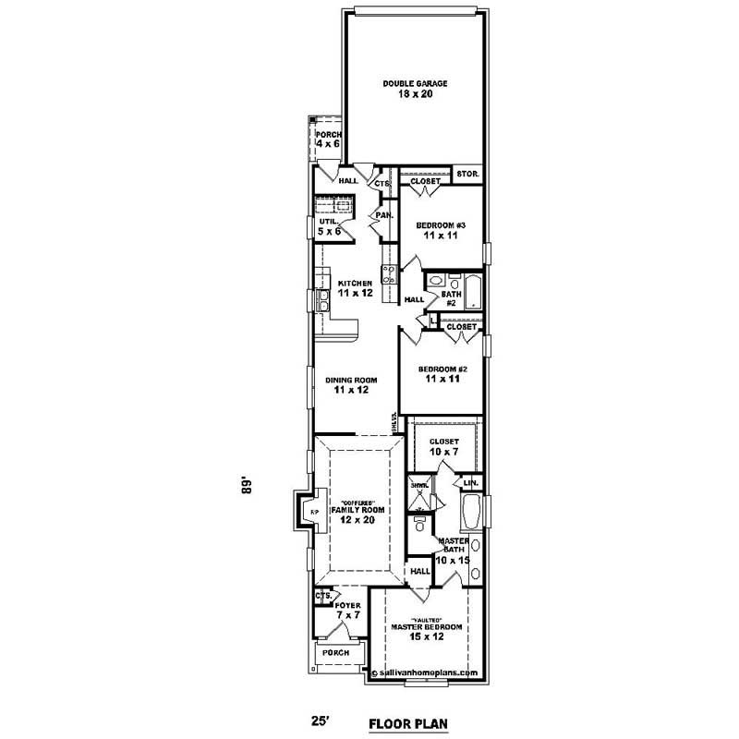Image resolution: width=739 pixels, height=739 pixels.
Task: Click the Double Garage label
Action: point(415,89)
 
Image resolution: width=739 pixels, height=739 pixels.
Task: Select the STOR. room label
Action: point(466,174)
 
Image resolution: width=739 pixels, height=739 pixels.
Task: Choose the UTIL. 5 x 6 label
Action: point(329,227)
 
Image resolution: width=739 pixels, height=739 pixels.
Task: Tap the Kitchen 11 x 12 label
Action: point(355,287)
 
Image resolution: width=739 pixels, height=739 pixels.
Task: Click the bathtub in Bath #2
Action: point(471,291)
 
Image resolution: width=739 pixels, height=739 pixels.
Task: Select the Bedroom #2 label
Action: point(442,373)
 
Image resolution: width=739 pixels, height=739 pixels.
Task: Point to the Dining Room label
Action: point(347,384)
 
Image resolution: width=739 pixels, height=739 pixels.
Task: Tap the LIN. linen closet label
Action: point(470,482)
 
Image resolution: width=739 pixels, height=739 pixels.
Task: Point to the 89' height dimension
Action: point(247,486)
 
